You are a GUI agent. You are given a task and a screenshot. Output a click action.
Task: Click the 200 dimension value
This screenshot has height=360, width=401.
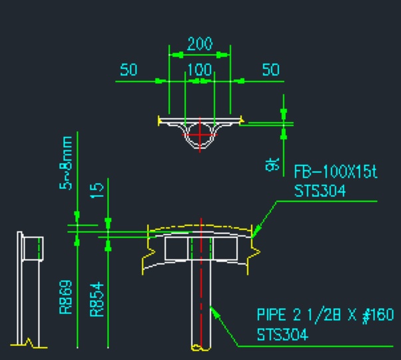[200, 44]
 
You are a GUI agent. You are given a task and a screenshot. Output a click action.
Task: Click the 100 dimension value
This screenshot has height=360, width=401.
[200, 70]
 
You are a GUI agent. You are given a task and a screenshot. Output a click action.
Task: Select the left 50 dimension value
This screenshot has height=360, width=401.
[128, 70]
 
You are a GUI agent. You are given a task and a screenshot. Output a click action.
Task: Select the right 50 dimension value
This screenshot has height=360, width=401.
[271, 70]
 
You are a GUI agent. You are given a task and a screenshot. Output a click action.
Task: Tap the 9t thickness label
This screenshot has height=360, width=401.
[272, 164]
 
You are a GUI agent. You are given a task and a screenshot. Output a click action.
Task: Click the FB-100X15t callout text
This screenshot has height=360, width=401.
[336, 172]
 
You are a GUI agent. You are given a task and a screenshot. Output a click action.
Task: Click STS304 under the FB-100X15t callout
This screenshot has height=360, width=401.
[320, 191]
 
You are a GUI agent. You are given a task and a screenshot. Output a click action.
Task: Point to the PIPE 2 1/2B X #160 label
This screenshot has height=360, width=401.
[325, 315]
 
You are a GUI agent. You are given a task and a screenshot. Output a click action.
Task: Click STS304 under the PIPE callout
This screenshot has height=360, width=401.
[283, 335]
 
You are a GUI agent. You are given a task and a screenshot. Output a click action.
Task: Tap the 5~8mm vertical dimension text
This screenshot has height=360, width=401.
[66, 163]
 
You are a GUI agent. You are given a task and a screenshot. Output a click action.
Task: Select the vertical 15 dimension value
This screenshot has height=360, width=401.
[97, 190]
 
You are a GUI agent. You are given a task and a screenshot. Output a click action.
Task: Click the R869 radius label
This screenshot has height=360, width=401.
[66, 297]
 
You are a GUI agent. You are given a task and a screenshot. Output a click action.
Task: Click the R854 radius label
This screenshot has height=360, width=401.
[97, 299]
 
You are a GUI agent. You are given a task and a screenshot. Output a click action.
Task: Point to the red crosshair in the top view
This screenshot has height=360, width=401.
[200, 134]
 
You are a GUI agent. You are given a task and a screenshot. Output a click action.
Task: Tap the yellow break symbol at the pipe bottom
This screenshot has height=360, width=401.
[201, 348]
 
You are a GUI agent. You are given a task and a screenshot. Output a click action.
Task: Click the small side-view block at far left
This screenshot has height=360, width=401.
[33, 248]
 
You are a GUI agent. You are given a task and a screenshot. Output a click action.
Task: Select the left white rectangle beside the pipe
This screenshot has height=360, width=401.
[177, 248]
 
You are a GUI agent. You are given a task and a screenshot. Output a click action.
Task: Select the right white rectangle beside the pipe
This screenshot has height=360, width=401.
[225, 248]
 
